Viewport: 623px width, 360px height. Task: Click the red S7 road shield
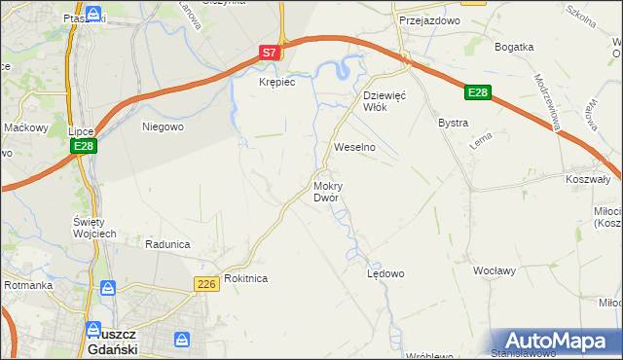(x=271, y=54)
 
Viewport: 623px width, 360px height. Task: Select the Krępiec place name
(x=276, y=83)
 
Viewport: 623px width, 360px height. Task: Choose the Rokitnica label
(x=245, y=278)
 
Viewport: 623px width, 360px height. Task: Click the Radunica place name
(x=166, y=244)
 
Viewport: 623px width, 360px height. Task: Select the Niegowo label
(x=163, y=126)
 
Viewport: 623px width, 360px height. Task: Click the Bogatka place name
(x=514, y=47)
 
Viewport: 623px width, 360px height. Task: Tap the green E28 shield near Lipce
(x=84, y=146)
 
